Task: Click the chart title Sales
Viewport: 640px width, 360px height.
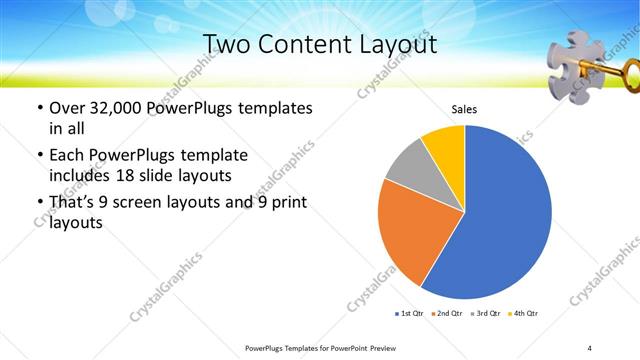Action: pos(463,108)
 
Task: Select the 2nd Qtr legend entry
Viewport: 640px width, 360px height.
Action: pos(446,314)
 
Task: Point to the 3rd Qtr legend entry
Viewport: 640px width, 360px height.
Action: pos(485,314)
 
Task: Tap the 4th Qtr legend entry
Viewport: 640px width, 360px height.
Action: pos(523,314)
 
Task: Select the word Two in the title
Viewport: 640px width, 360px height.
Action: pos(228,44)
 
